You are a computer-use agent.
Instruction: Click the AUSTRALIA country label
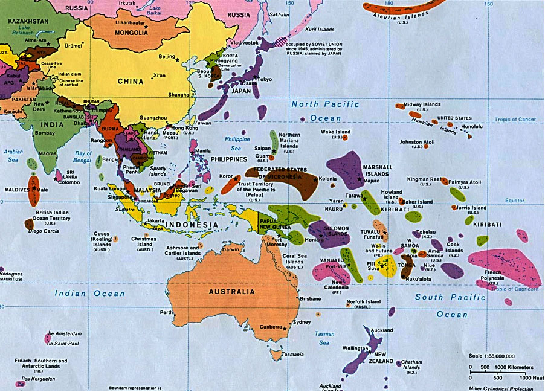pyautogui.click(x=231, y=291)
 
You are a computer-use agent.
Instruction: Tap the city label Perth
pyautogui.click(x=166, y=312)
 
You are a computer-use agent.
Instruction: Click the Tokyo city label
pyautogui.click(x=265, y=79)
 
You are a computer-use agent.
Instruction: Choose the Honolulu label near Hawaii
pyautogui.click(x=472, y=127)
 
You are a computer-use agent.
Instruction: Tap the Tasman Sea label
pyautogui.click(x=324, y=338)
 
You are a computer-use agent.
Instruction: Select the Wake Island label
pyautogui.click(x=335, y=132)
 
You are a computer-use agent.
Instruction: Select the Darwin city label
pyautogui.click(x=230, y=249)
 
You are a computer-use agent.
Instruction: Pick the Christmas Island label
pyautogui.click(x=144, y=242)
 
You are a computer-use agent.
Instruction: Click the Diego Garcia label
pyautogui.click(x=43, y=231)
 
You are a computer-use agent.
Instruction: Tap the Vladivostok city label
pyautogui.click(x=242, y=43)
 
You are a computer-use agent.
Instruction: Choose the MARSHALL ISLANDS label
pyautogui.click(x=377, y=170)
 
